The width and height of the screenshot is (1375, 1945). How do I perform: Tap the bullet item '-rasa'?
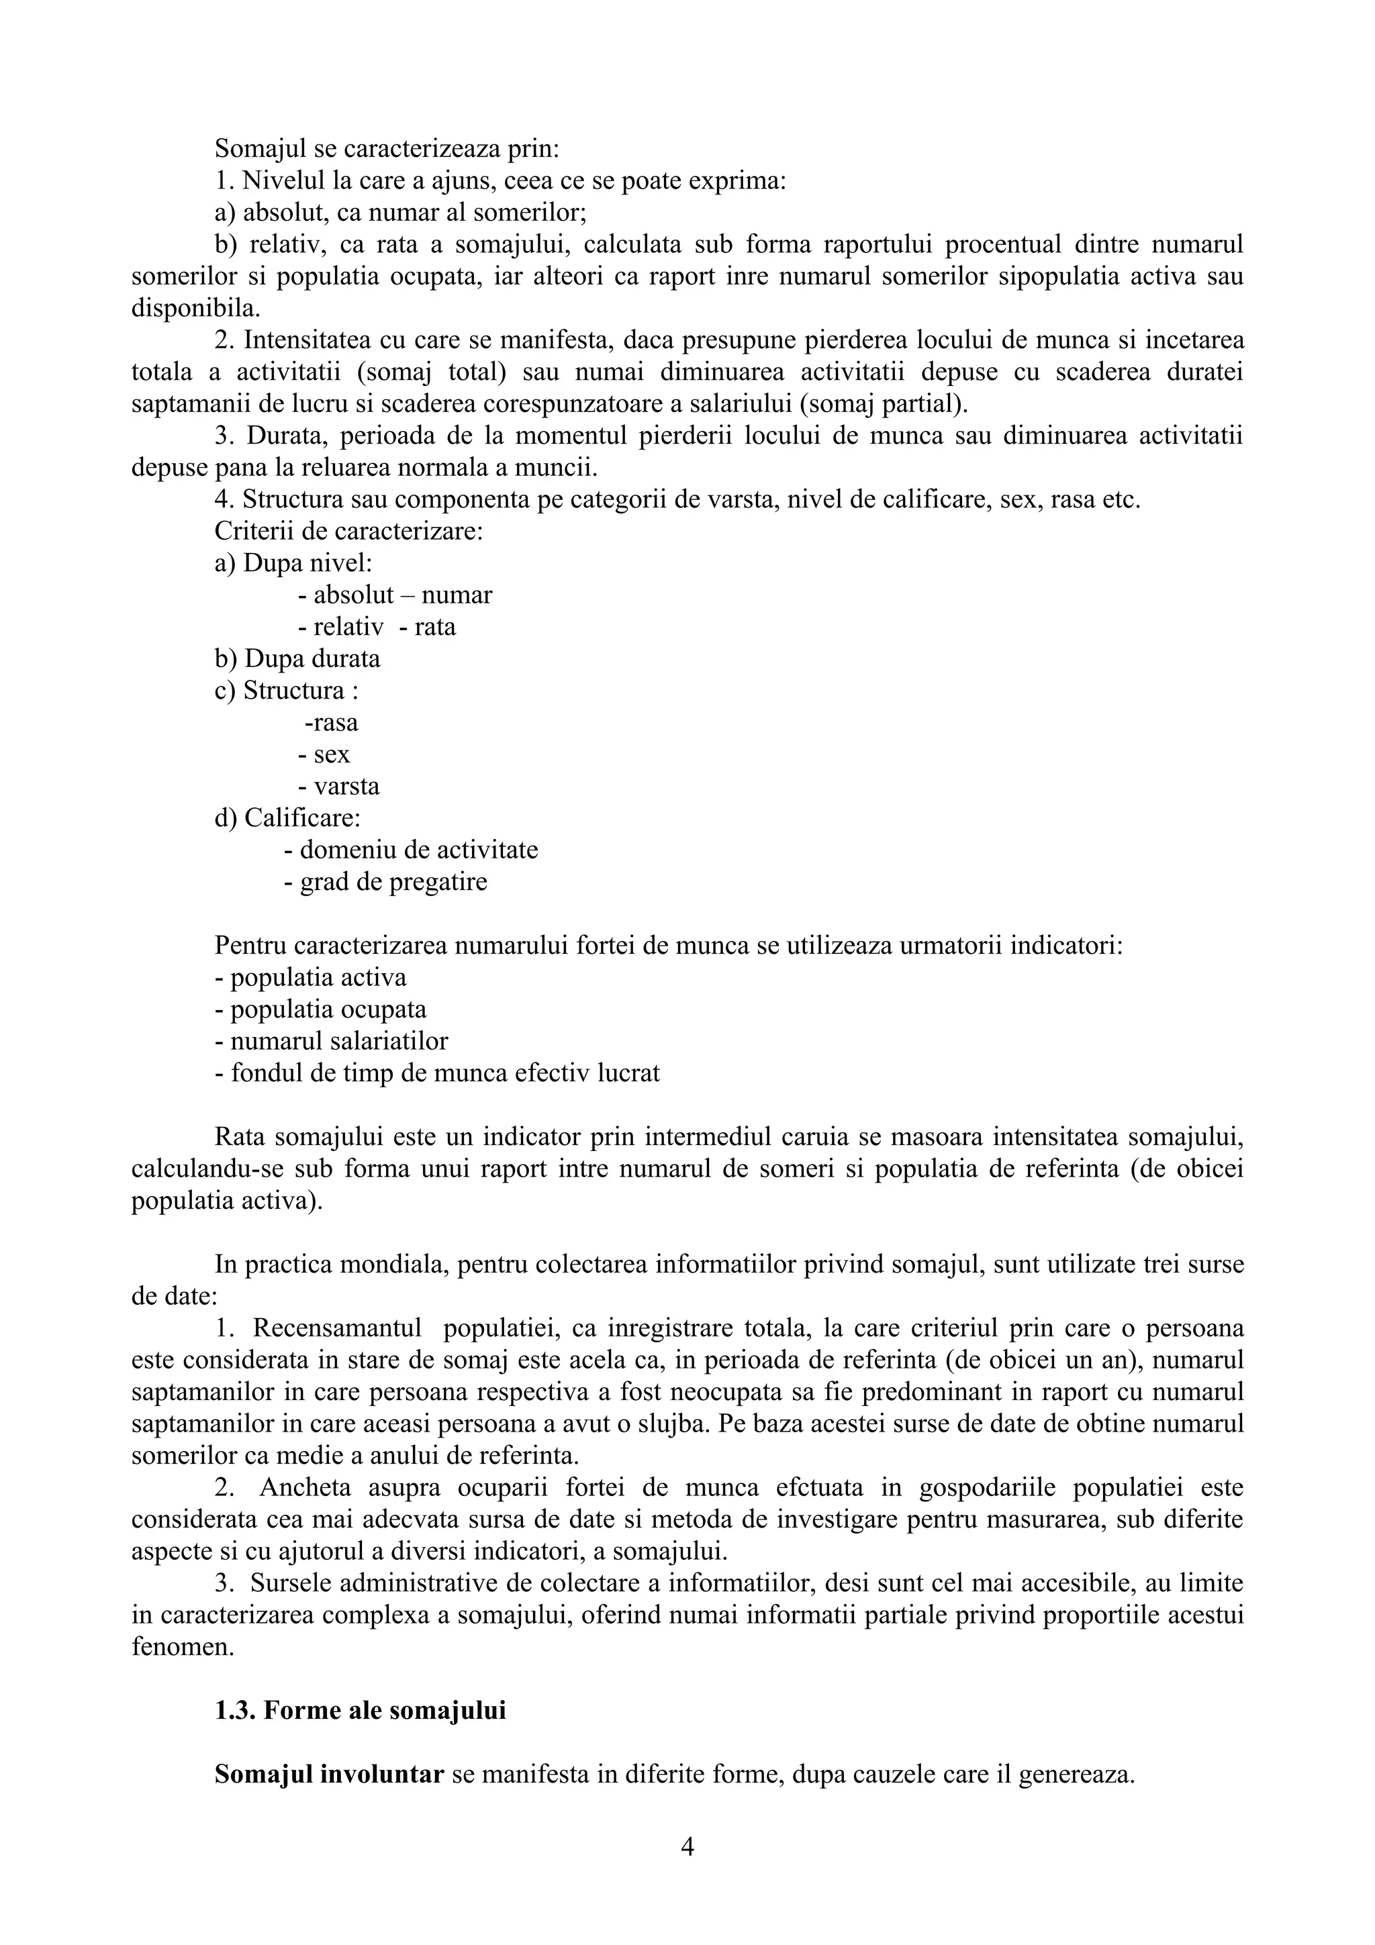(x=330, y=723)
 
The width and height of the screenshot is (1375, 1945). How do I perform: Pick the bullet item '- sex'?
(x=324, y=755)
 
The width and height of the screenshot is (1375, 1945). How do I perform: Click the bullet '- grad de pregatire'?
(x=385, y=882)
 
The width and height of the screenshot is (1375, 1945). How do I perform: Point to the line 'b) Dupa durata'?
(x=297, y=659)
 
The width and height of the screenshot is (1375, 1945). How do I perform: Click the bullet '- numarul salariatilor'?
(x=331, y=1041)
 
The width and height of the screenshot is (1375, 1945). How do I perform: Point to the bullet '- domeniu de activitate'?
(x=411, y=850)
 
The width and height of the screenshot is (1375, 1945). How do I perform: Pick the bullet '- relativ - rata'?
(x=377, y=628)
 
